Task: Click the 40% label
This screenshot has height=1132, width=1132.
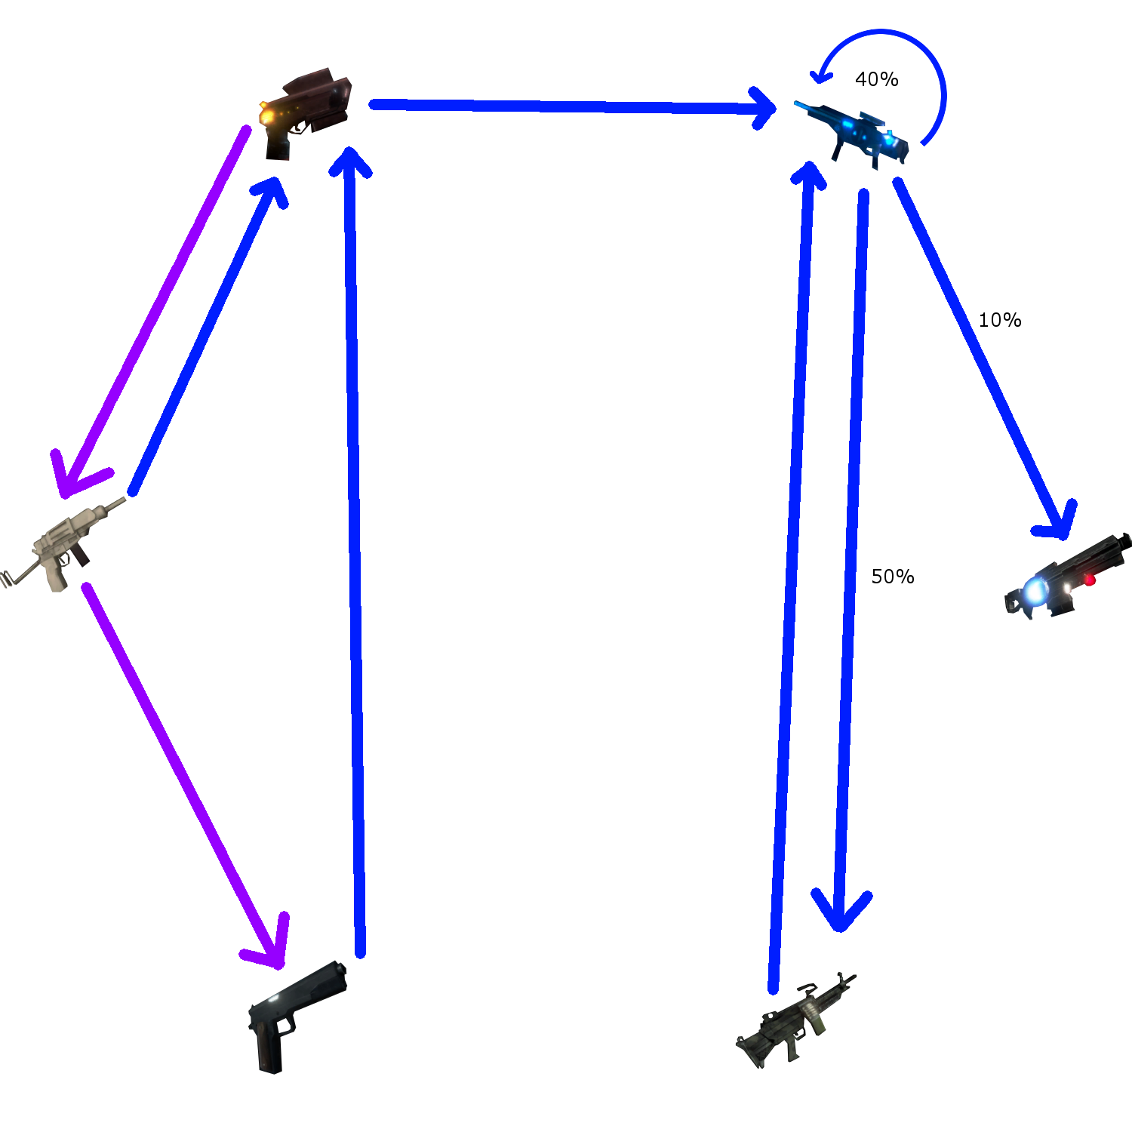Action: pos(876,79)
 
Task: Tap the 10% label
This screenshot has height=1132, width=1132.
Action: pos(999,320)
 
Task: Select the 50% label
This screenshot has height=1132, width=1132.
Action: pos(892,577)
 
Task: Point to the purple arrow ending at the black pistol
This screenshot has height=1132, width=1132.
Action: pos(181,770)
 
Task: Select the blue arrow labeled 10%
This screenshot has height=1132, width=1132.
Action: pos(981,355)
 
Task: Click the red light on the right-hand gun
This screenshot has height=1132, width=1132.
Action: pos(1090,580)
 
